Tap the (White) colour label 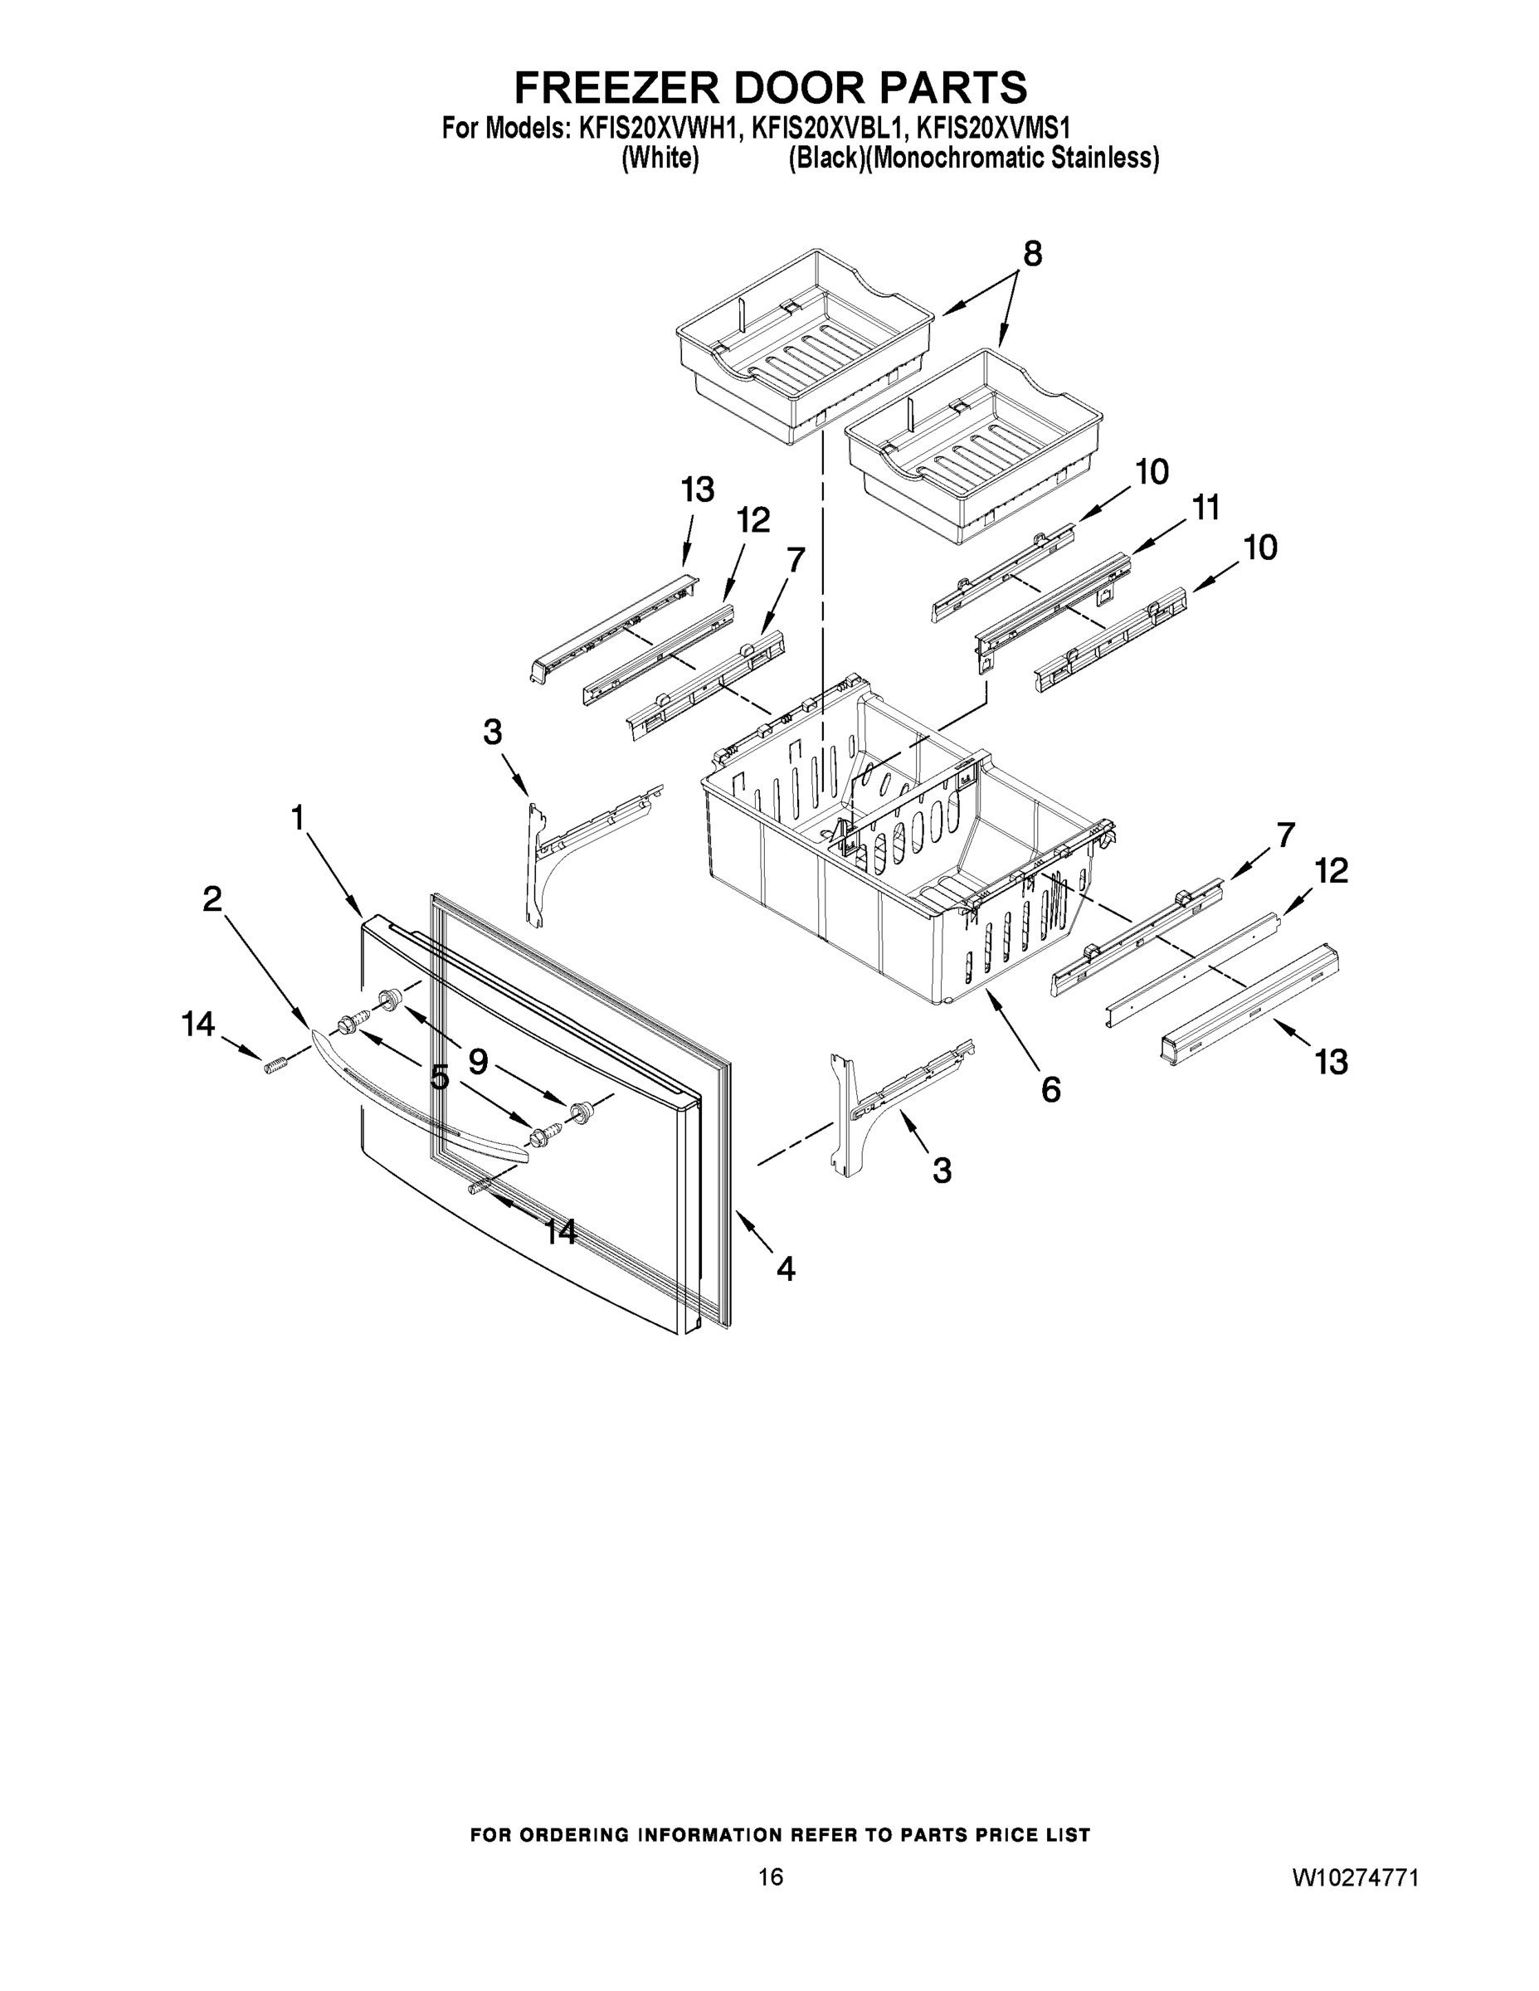[660, 158]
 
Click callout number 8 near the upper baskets [1031, 255]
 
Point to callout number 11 [1205, 508]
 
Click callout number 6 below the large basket [1050, 1088]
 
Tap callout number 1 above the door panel [297, 818]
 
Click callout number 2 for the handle [212, 900]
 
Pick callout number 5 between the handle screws [440, 1078]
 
